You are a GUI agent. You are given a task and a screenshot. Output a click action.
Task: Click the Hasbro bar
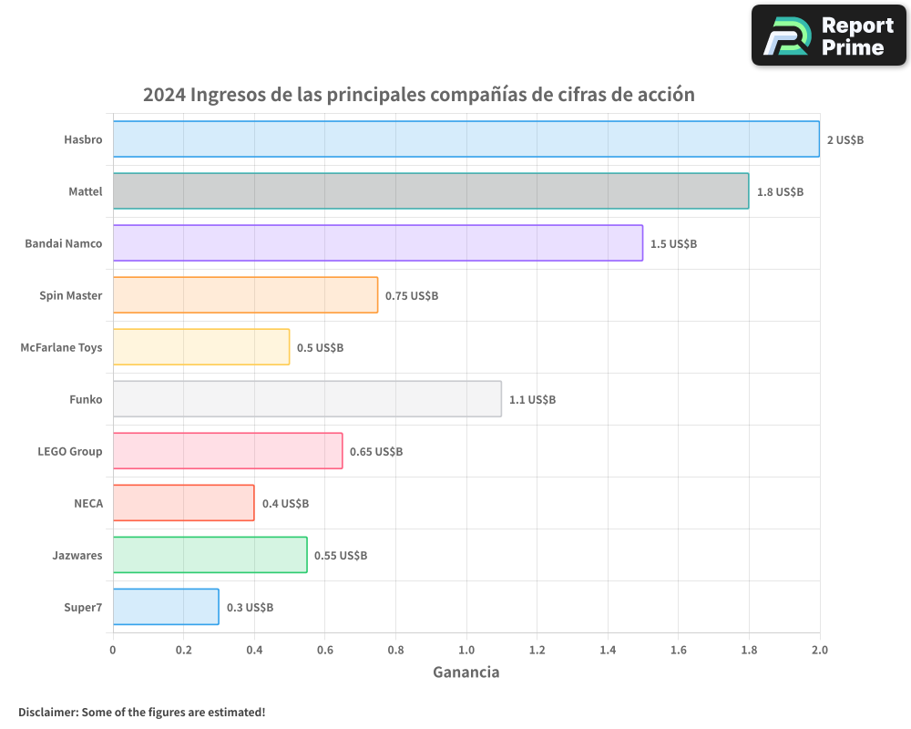[466, 139]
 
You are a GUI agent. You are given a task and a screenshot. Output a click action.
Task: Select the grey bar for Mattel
[430, 191]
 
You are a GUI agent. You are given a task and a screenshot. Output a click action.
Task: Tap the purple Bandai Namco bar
[377, 243]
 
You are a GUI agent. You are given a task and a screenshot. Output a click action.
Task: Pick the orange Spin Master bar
[245, 295]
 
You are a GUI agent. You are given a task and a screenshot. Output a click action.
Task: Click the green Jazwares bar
[210, 555]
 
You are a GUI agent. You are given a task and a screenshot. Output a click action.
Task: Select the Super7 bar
[166, 607]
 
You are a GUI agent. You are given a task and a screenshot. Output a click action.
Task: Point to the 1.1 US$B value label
[532, 400]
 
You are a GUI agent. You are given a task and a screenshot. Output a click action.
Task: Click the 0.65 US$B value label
[376, 452]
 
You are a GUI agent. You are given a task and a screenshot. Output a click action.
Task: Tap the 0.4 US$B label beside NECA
[285, 504]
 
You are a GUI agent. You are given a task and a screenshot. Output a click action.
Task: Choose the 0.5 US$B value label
[320, 348]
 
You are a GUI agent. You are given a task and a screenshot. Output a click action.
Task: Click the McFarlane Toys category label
[61, 347]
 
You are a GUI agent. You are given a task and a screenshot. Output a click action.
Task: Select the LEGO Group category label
[69, 451]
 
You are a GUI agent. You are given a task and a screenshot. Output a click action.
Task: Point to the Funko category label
[86, 399]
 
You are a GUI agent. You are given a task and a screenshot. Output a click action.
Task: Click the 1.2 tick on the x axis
[537, 651]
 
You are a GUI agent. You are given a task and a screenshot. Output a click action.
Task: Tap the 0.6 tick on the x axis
[324, 651]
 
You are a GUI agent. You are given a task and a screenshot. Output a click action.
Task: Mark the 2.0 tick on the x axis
[819, 651]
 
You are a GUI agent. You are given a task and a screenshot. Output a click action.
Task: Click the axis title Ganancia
[466, 673]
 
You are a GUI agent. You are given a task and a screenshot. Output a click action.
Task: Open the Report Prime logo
[828, 36]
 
